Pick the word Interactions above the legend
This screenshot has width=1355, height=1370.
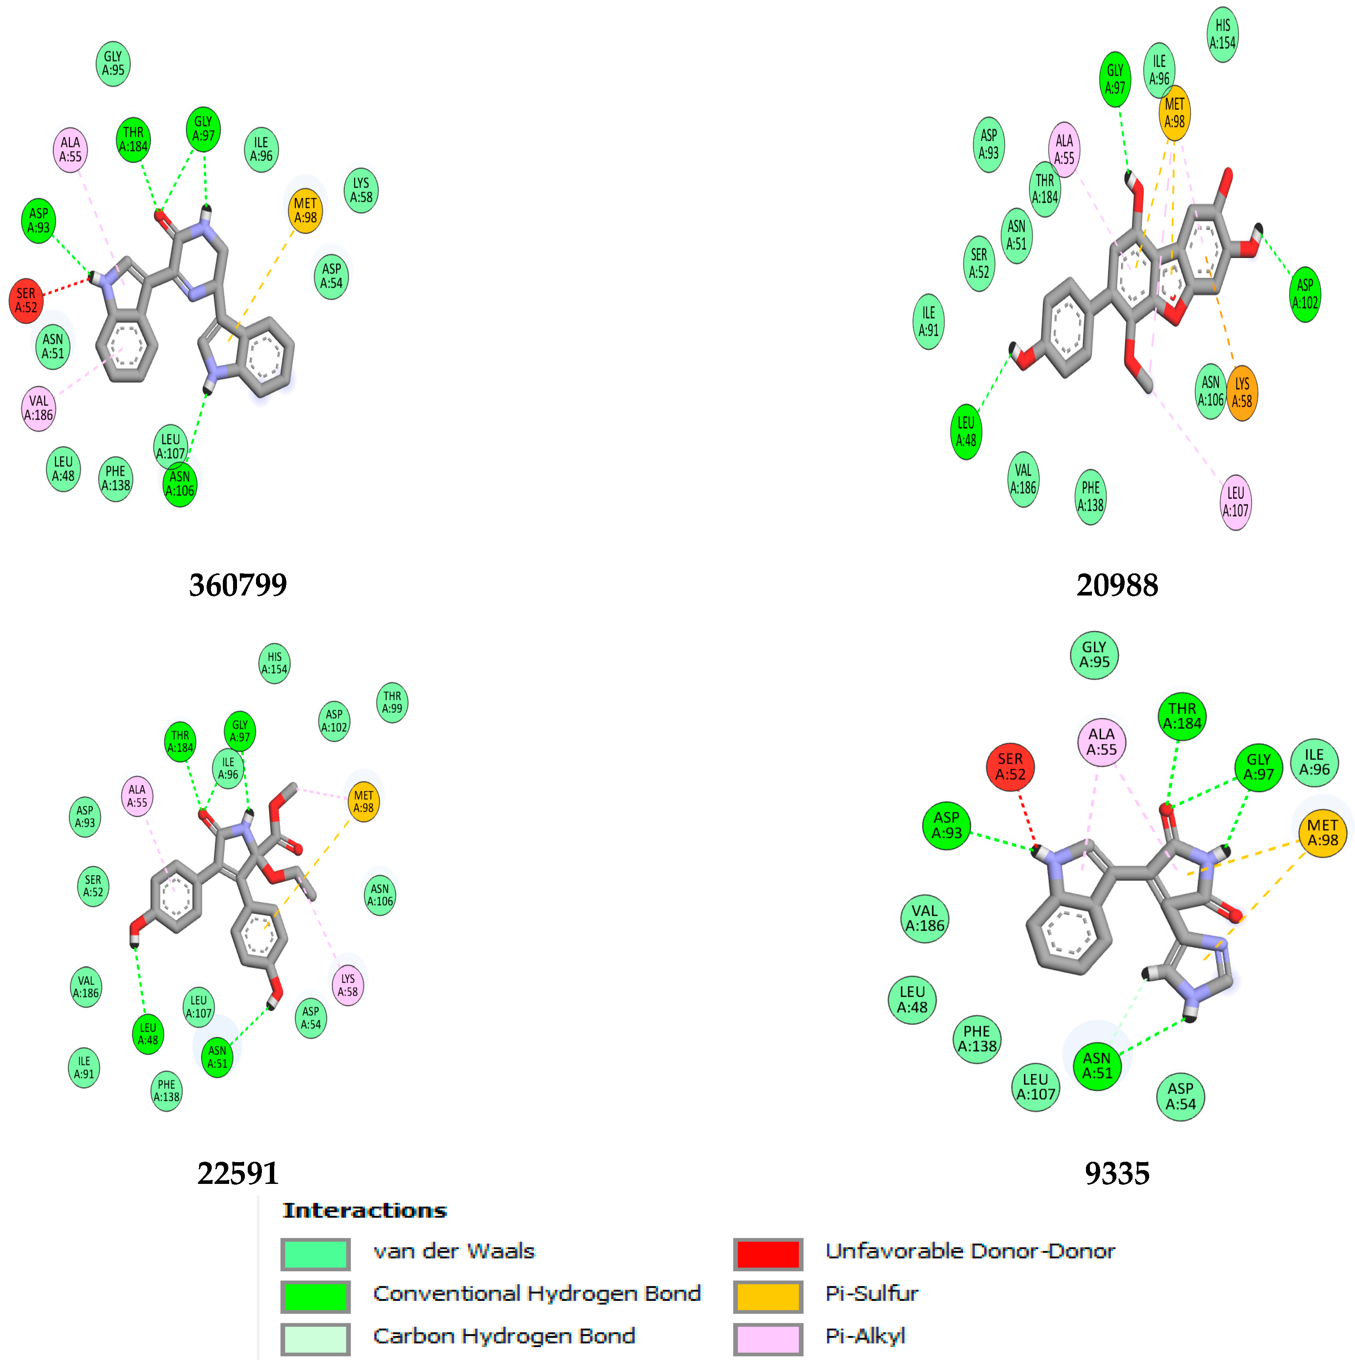[365, 1210]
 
